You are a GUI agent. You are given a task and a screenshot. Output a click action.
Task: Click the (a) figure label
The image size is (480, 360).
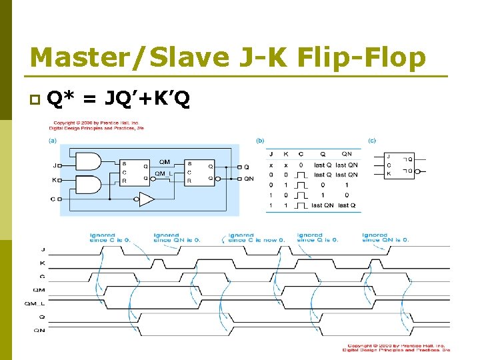click(51, 141)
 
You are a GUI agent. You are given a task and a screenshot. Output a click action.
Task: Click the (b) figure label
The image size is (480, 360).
click(260, 141)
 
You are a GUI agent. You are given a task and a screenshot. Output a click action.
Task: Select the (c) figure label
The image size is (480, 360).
click(372, 141)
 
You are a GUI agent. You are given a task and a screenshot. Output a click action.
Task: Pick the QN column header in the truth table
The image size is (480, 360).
click(346, 153)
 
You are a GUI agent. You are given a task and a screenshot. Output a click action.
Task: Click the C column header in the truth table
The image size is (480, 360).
click(300, 153)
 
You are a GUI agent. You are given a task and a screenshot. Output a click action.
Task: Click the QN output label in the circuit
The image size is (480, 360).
click(249, 179)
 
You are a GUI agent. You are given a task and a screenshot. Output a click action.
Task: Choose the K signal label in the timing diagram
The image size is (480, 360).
click(43, 262)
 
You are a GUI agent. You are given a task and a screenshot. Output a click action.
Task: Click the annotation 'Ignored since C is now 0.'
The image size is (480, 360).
click(256, 237)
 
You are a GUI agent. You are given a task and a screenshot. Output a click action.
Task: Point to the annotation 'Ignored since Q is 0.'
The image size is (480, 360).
click(318, 237)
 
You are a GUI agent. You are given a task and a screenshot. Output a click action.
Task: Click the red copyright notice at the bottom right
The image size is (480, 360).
click(399, 347)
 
